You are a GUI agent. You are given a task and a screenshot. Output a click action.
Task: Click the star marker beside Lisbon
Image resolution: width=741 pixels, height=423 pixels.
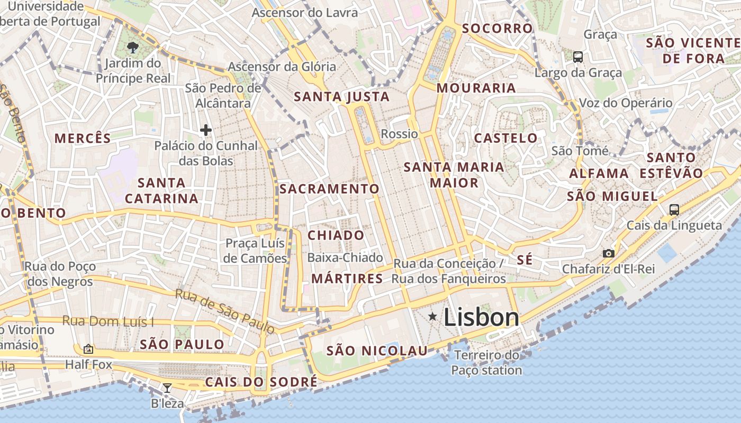(432, 317)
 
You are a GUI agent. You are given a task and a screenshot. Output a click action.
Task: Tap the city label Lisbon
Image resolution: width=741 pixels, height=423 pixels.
(481, 317)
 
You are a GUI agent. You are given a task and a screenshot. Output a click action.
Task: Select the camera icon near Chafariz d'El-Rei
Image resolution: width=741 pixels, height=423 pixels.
(609, 253)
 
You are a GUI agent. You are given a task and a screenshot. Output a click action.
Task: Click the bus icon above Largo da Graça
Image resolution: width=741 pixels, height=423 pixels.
(577, 57)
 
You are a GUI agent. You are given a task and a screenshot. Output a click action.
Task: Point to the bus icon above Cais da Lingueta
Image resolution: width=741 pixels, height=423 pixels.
(674, 209)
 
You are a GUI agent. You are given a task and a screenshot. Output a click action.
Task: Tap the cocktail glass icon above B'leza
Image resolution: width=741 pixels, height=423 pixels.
(167, 388)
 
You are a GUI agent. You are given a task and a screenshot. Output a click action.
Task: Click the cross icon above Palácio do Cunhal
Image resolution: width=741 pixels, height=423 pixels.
(206, 130)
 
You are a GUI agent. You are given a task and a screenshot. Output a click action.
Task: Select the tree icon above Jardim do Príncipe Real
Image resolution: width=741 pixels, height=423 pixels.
(133, 48)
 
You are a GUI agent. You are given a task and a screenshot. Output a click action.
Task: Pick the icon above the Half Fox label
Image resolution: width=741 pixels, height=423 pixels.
(88, 349)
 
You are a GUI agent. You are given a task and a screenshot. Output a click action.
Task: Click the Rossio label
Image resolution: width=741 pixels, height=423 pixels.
(399, 134)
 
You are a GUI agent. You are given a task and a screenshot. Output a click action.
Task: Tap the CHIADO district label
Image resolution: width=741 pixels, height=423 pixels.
(336, 235)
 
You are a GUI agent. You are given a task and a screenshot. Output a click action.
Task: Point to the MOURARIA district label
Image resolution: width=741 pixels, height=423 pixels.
(476, 88)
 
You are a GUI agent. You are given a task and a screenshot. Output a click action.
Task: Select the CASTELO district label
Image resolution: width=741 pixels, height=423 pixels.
(505, 139)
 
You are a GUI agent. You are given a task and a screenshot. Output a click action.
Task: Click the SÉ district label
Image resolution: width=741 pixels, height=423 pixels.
(525, 260)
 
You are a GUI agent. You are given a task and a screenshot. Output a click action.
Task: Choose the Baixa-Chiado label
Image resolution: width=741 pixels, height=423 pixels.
(345, 258)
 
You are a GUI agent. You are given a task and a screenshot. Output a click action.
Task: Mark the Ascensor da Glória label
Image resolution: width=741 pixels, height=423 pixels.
(282, 67)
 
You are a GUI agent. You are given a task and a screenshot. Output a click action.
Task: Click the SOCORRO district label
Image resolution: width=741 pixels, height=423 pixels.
(497, 29)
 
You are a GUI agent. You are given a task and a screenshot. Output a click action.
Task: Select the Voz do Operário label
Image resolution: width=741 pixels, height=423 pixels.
(626, 103)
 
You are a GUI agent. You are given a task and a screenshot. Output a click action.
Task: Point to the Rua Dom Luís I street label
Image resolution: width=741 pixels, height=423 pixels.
(108, 321)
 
